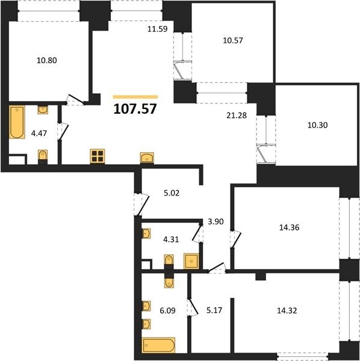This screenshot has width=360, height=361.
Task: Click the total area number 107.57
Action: (x=135, y=109)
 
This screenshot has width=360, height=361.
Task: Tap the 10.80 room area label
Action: (x=47, y=60)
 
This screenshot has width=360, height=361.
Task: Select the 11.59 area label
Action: (x=158, y=29)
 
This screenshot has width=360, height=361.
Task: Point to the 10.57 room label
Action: (x=233, y=40)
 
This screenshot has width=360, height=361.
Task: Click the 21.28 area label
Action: (x=237, y=116)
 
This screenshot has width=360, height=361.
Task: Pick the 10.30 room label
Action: (x=318, y=125)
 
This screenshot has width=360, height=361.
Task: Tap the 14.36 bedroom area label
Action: (x=290, y=227)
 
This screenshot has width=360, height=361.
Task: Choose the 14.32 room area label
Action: (x=287, y=310)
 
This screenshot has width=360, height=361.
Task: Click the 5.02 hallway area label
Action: (x=172, y=193)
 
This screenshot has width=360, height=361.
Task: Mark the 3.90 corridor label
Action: (x=216, y=221)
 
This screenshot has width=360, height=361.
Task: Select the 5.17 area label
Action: (x=214, y=310)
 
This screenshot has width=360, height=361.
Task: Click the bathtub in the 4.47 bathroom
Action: (x=17, y=122)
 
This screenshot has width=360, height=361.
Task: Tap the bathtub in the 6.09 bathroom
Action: (x=159, y=345)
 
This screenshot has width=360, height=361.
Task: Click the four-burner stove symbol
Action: (x=98, y=156)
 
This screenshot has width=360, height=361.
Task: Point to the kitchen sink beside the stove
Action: (x=147, y=158)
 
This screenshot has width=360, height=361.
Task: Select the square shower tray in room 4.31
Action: (x=191, y=261)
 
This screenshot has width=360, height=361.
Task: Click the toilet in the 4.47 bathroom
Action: (x=43, y=156)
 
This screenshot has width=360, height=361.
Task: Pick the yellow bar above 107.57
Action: (x=135, y=97)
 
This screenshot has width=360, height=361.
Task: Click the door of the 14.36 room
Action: (x=235, y=239)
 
